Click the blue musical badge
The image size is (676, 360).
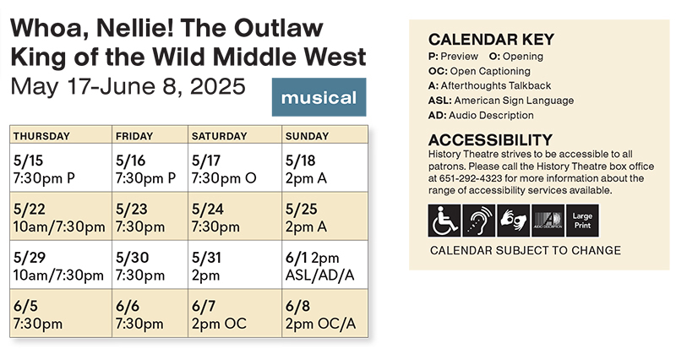319,97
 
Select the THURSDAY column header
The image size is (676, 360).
41,136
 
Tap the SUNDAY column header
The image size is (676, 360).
307,136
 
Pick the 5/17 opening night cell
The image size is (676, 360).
235,167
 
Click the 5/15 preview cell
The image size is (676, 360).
61,167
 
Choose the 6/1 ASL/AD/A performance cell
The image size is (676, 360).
325,265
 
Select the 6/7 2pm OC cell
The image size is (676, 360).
235,313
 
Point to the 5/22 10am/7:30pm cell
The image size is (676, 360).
61,216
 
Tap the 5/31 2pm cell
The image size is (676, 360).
235,265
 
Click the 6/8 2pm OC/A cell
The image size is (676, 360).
325,313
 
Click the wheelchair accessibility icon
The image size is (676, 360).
444,221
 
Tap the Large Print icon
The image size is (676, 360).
582,221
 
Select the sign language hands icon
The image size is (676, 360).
514,221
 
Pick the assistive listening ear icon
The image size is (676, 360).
479,221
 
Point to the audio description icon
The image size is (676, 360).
548,221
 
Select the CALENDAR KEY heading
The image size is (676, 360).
491,40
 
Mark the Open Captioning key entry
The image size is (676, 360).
479,71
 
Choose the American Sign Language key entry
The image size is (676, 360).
501,101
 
